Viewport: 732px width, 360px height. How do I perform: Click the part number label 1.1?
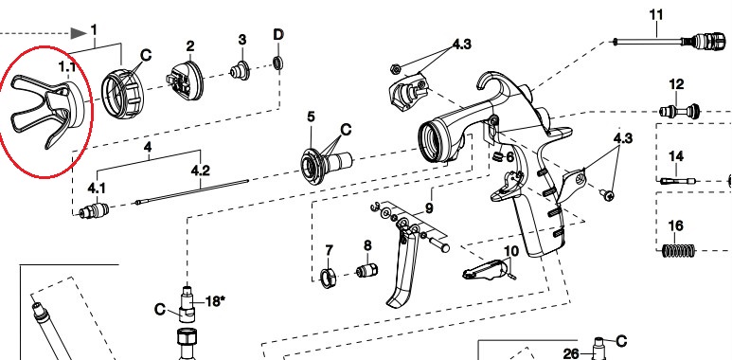(66, 67)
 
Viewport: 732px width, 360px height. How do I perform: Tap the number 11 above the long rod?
(656, 15)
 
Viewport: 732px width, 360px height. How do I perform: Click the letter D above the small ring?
(278, 34)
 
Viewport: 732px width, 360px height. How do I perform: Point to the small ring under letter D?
(278, 63)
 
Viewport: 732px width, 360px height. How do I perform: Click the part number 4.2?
(200, 171)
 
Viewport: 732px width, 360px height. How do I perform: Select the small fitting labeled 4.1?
(94, 211)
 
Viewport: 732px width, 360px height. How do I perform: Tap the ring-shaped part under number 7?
(329, 278)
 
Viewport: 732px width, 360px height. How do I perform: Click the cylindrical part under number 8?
(366, 270)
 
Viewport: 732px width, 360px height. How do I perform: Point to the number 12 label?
(676, 84)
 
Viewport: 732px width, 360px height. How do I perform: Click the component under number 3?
(240, 69)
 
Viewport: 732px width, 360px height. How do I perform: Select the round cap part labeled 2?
(186, 81)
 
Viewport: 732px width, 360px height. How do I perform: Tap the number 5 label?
(311, 117)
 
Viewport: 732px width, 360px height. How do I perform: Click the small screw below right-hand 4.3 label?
(607, 195)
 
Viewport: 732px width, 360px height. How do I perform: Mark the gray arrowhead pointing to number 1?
(79, 33)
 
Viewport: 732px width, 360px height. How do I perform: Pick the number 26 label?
(571, 354)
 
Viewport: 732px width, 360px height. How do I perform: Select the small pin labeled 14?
(678, 181)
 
